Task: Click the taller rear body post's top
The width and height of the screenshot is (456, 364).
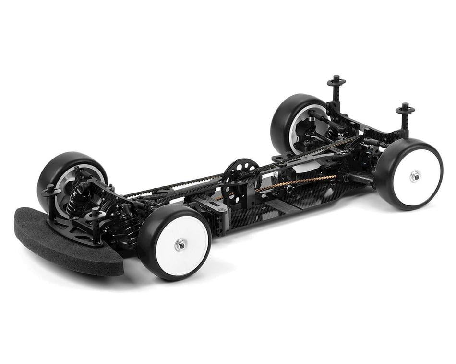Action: tap(336, 80)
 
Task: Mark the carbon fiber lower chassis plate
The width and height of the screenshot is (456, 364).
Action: tap(288, 206)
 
